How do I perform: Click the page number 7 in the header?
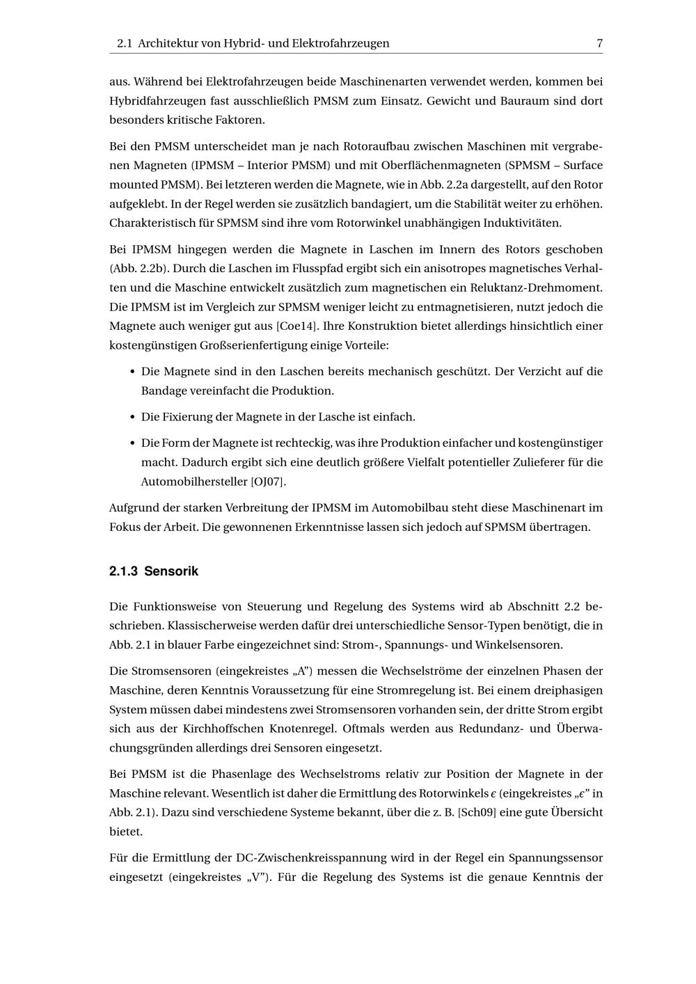pyautogui.click(x=599, y=43)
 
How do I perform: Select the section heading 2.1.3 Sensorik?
pyautogui.click(x=154, y=571)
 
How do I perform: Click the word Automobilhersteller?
pyautogui.click(x=194, y=481)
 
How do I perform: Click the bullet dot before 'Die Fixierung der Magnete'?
pyautogui.click(x=132, y=417)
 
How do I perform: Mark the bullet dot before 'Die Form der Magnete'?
pyautogui.click(x=132, y=443)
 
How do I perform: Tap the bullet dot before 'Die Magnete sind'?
pyautogui.click(x=132, y=372)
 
